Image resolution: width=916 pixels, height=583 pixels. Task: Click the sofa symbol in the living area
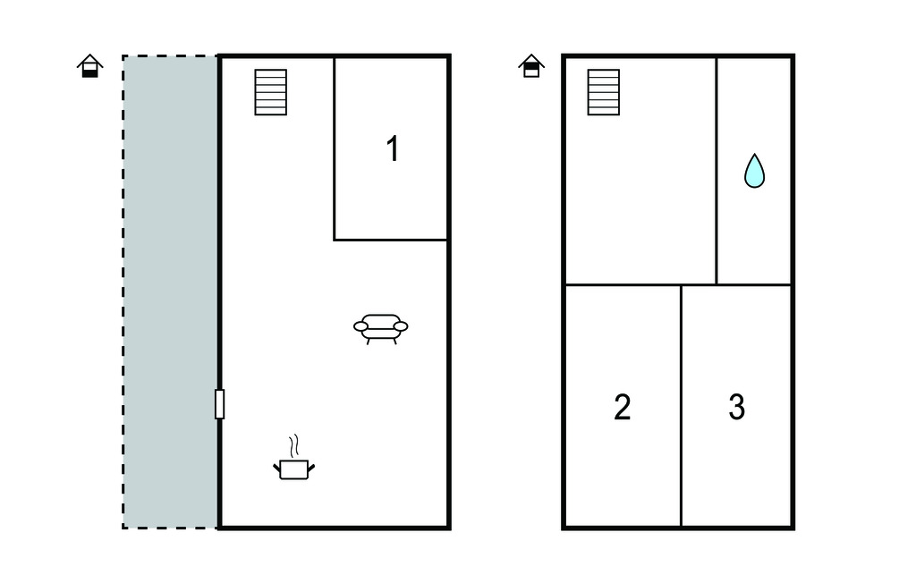click(x=380, y=329)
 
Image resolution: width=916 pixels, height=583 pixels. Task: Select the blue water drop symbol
click(x=754, y=171)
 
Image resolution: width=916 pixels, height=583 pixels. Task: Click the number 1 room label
click(x=394, y=148)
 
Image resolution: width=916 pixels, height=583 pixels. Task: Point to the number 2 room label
click(x=623, y=407)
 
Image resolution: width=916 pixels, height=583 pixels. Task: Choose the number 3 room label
click(x=737, y=407)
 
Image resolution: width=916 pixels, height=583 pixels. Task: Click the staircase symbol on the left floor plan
click(x=270, y=92)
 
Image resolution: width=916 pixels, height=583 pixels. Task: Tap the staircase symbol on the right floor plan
click(x=604, y=92)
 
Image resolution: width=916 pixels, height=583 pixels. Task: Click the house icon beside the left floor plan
click(x=90, y=66)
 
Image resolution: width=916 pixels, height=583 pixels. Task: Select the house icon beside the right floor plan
click(x=531, y=66)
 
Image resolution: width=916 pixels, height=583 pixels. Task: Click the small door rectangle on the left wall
click(x=220, y=404)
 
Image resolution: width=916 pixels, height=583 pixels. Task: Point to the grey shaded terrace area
click(x=170, y=292)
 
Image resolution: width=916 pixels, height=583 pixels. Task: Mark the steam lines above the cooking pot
click(x=295, y=445)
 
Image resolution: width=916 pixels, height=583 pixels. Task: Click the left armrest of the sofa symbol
click(x=361, y=326)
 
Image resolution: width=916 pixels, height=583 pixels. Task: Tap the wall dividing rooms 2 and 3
click(x=681, y=406)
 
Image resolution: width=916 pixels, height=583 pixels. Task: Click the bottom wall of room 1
click(x=390, y=240)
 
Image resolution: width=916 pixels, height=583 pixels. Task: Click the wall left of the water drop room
click(x=717, y=171)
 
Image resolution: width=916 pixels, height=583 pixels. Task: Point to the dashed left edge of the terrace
click(x=123, y=292)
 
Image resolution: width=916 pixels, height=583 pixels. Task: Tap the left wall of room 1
click(x=335, y=148)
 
